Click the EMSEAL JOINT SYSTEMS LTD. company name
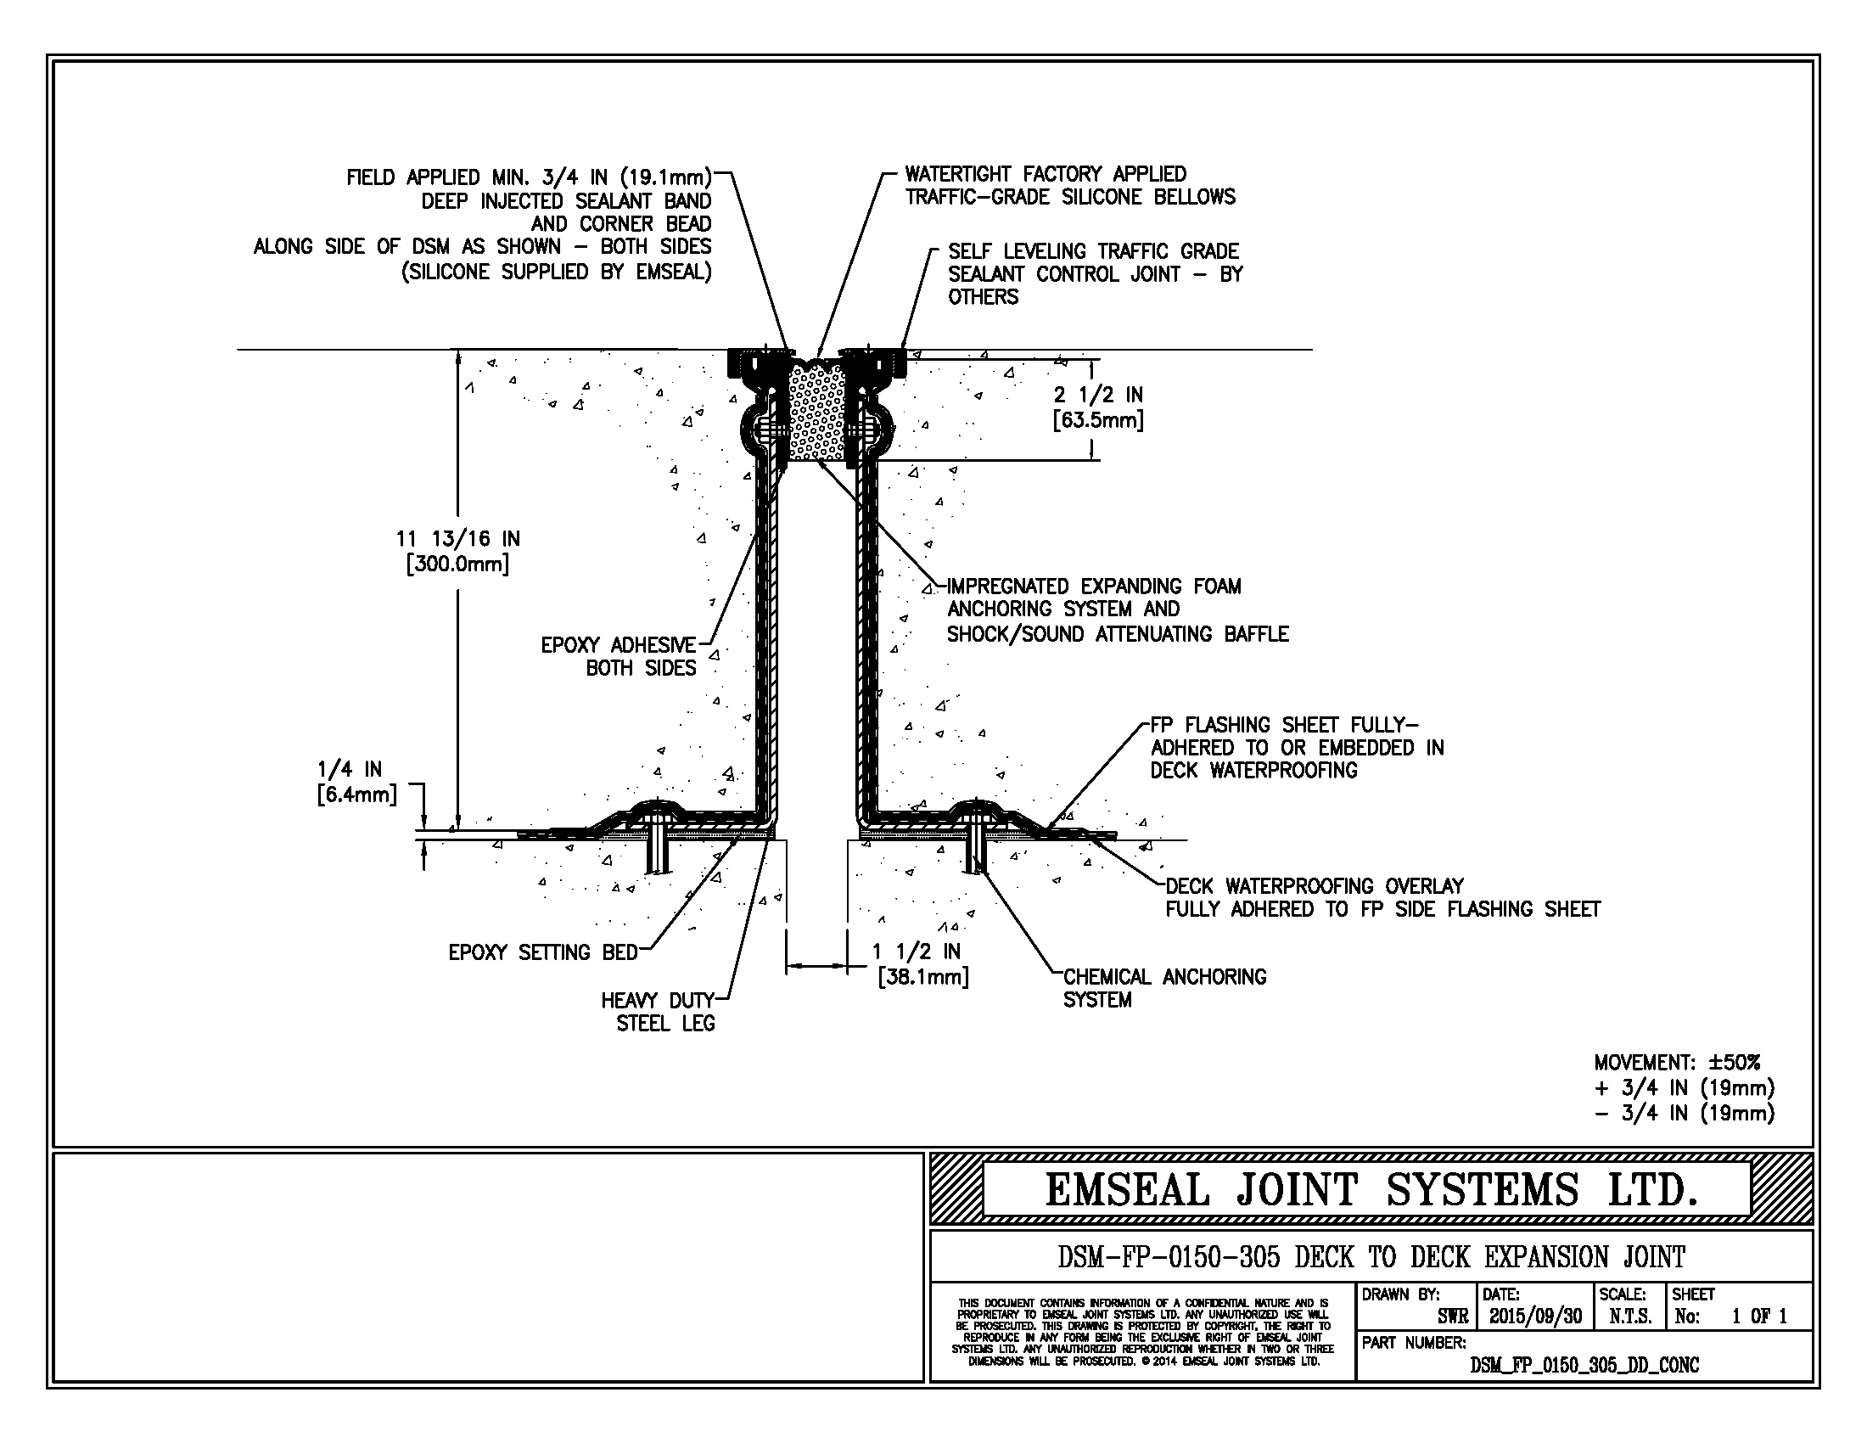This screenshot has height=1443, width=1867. click(1370, 1190)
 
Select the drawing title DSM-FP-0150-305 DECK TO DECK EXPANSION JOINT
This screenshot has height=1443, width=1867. click(1371, 1257)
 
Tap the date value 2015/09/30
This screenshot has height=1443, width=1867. click(1535, 1317)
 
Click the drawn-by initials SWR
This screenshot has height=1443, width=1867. click(1452, 1317)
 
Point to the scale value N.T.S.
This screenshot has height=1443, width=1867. click(1630, 1317)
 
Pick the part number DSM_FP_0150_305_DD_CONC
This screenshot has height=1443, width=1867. click(1584, 1365)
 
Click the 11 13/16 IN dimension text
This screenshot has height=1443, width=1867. click(457, 552)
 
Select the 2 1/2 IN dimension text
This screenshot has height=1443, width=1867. click(1098, 407)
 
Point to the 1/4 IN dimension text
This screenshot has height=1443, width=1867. click(357, 781)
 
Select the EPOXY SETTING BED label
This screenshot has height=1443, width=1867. click(543, 952)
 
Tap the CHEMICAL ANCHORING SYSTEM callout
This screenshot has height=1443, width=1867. click(1164, 988)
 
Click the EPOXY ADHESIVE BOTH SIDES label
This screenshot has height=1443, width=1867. click(619, 656)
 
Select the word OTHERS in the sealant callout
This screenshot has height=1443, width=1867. click(983, 297)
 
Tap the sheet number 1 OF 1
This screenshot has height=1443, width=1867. click(1759, 1317)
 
